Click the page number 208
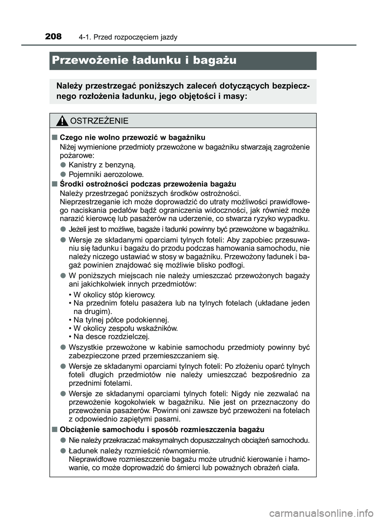pyautogui.click(x=53, y=37)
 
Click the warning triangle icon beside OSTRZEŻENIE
pyautogui.click(x=61, y=121)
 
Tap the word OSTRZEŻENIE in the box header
pyautogui.click(x=99, y=121)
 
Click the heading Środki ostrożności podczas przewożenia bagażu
pyautogui.click(x=148, y=184)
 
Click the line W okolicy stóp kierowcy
pyautogui.click(x=112, y=295)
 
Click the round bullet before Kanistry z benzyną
pyautogui.click(x=63, y=165)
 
